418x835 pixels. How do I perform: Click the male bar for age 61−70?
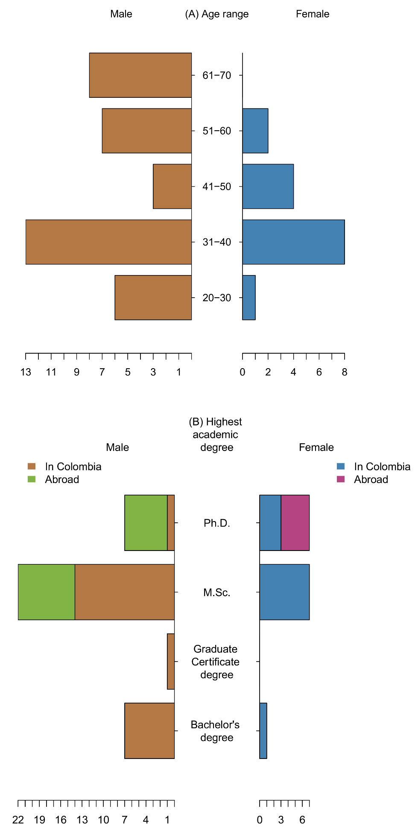pos(140,75)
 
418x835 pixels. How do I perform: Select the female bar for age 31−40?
pos(293,242)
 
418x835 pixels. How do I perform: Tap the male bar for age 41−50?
pos(172,186)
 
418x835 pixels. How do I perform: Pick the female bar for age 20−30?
pos(248,297)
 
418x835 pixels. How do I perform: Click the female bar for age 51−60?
pos(255,131)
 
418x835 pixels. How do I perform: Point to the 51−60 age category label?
pos(216,131)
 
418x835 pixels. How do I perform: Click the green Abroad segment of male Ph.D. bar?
pos(146,522)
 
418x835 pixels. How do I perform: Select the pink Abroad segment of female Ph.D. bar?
pos(295,522)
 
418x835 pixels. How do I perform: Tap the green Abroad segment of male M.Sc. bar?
pos(46,592)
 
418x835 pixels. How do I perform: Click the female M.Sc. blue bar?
pos(284,592)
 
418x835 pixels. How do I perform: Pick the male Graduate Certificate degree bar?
pos(171,661)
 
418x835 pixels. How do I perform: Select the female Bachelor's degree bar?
pos(263,730)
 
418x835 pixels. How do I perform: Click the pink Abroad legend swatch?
pos(340,479)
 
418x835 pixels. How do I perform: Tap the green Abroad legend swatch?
pos(31,479)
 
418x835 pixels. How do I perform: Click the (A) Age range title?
pos(216,14)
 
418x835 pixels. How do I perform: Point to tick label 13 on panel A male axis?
pos(26,372)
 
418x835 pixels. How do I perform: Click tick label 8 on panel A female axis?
pos(344,372)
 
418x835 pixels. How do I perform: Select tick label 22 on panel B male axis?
pos(18,820)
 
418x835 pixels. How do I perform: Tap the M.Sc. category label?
pos(216,592)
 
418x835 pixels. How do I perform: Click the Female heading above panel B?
pos(316,447)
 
